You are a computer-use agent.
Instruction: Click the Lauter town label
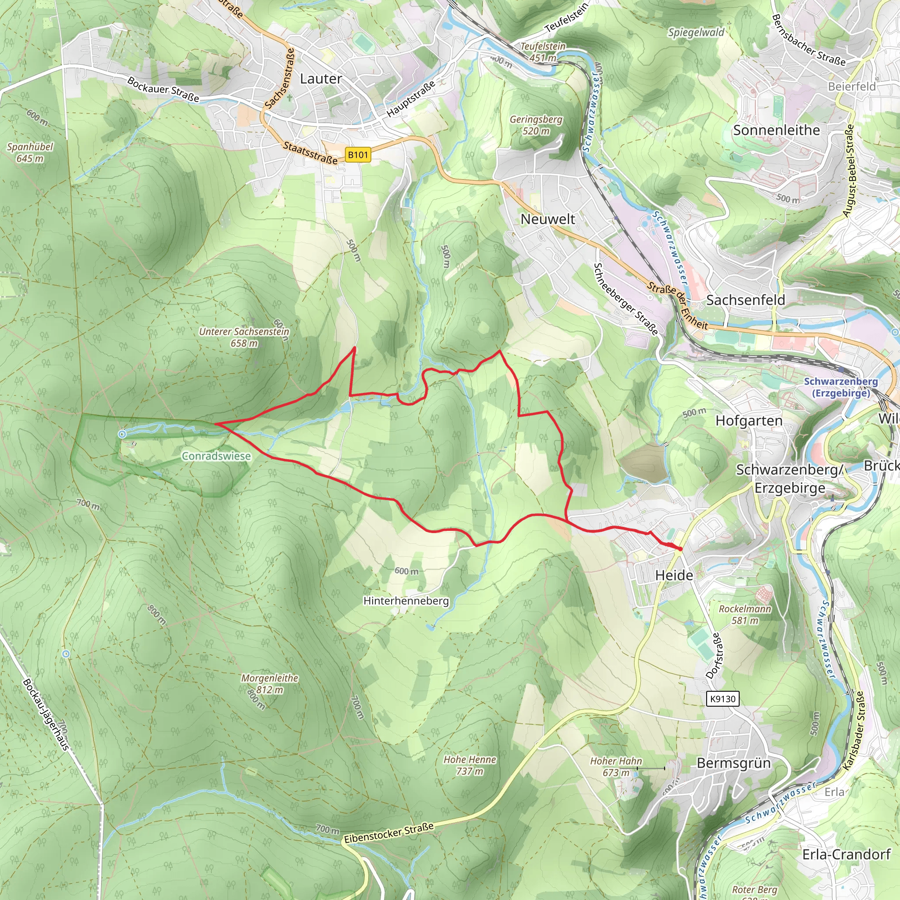tap(320, 79)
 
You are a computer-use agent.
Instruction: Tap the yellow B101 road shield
tap(358, 155)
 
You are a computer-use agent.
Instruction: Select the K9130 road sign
tap(722, 699)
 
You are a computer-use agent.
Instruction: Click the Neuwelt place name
tap(548, 219)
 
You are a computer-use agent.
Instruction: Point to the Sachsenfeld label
tap(745, 300)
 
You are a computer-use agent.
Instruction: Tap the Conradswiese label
tap(216, 456)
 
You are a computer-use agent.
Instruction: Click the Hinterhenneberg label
tap(406, 600)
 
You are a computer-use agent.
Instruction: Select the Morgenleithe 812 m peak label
tap(269, 683)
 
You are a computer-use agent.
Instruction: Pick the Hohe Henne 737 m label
tap(470, 765)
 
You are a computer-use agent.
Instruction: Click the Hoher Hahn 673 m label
tap(616, 766)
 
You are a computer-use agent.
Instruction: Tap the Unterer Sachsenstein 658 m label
tap(244, 337)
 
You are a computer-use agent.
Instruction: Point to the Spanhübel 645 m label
tap(30, 152)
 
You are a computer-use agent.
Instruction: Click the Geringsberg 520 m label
tap(536, 125)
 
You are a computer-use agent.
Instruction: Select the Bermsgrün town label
tap(734, 763)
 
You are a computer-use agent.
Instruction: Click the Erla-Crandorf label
tap(846, 854)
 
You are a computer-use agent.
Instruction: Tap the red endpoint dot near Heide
tap(680, 549)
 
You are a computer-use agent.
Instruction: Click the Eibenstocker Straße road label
tap(388, 833)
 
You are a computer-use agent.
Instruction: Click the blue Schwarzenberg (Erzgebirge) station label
tap(841, 387)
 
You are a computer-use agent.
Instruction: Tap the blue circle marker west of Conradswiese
tap(122, 434)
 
